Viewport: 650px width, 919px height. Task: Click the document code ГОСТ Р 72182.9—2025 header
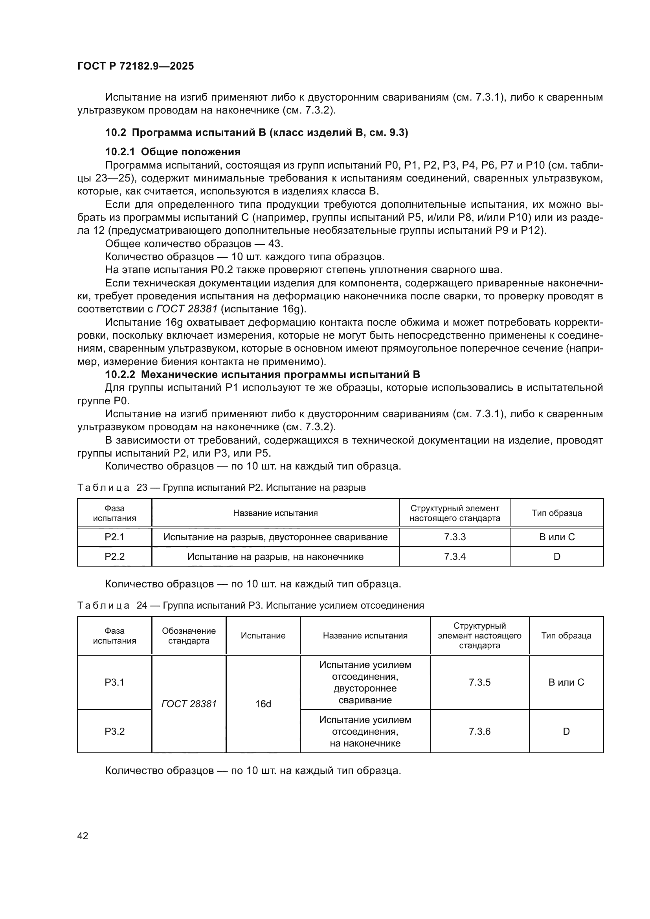135,66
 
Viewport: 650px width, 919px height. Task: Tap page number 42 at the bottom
83,836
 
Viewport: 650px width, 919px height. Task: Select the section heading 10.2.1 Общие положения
173,152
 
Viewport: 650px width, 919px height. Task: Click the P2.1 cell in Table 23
114,537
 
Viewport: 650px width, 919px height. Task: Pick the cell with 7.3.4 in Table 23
455,556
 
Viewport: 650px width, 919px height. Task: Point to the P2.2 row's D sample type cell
557,556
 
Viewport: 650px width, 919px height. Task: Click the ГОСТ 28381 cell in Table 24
189,704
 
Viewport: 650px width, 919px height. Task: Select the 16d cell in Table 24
263,704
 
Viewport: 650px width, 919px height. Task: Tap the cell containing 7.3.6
479,731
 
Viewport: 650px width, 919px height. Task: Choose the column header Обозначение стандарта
189,636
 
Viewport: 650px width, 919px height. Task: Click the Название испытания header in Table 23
275,513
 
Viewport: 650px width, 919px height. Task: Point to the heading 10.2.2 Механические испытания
262,375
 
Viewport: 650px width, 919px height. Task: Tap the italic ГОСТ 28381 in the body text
187,309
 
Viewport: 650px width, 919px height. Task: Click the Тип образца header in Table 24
566,636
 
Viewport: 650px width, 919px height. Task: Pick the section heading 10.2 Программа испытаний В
256,132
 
